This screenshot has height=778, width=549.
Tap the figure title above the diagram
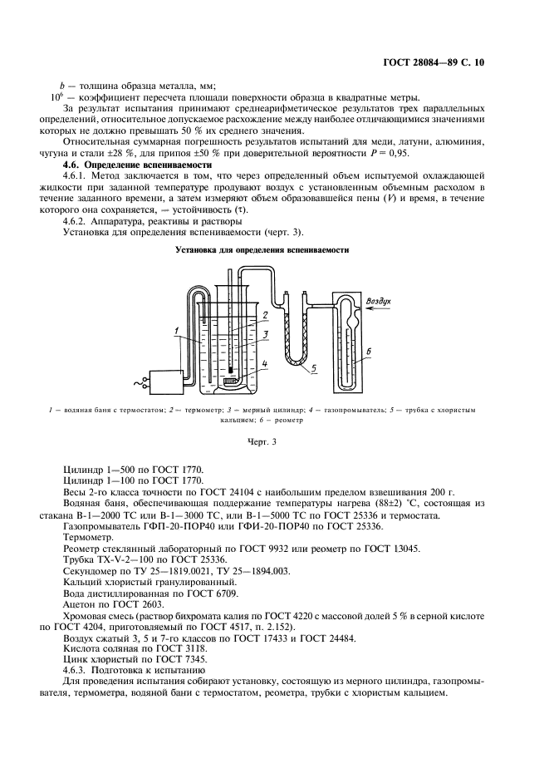262,249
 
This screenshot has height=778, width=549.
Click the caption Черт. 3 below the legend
262,441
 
